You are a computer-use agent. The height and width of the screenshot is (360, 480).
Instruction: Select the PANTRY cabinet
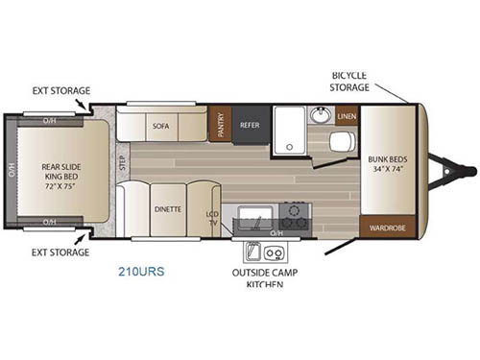tap(221, 125)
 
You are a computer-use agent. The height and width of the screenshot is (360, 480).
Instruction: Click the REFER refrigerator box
tap(250, 125)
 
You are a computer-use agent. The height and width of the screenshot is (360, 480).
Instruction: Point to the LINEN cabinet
tap(347, 116)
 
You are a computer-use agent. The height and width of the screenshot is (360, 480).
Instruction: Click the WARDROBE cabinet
tap(387, 228)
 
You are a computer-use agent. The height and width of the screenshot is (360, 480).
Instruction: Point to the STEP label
tap(123, 162)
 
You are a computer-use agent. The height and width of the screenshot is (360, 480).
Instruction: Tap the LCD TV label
tap(212, 219)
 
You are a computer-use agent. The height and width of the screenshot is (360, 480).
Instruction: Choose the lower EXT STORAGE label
tap(60, 252)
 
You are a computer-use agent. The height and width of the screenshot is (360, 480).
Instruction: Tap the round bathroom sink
tap(321, 116)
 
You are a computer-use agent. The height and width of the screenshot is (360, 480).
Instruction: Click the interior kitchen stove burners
tap(294, 214)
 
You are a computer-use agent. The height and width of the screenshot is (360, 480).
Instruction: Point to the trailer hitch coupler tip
tap(470, 171)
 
